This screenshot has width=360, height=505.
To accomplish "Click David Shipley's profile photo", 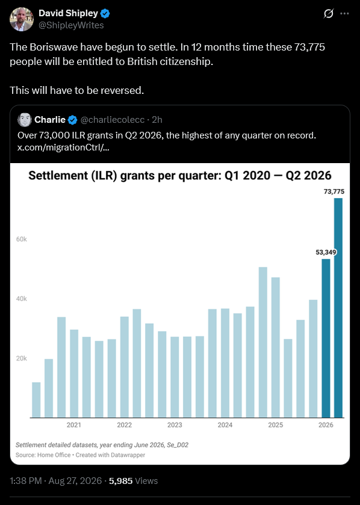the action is click(22, 19).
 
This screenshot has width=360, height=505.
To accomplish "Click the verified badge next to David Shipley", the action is click(105, 13).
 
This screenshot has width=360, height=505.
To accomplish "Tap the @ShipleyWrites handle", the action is click(71, 25).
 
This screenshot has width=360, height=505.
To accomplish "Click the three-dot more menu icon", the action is click(344, 13).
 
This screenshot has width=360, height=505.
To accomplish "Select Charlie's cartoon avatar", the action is click(25, 120).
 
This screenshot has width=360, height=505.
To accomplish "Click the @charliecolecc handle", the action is click(113, 120).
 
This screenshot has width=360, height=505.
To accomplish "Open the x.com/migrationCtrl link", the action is click(63, 147).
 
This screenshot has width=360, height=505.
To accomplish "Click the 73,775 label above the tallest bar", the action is click(334, 191).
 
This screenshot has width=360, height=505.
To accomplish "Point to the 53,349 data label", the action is click(326, 252).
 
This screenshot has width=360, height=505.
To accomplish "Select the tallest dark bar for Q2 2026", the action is click(338, 308).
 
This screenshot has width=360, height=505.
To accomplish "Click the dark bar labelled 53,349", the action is click(326, 338).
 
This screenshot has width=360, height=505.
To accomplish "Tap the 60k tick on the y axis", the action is click(22, 240).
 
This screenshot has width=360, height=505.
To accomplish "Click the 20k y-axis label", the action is click(22, 359).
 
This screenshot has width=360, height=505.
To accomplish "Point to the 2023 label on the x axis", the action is click(175, 425).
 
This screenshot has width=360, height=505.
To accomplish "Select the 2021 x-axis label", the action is click(73, 425).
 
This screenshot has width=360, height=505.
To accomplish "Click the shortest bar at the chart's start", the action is click(36, 400).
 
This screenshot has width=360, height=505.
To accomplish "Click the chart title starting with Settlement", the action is click(179, 176).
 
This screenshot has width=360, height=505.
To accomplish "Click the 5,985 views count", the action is click(121, 481).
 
